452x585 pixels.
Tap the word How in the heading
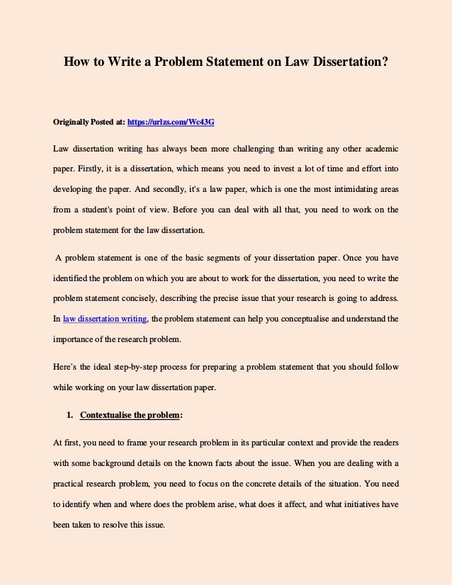coord(77,62)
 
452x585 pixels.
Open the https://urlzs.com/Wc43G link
coord(171,123)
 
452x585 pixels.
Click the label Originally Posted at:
coord(89,123)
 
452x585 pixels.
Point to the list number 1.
coord(71,414)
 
